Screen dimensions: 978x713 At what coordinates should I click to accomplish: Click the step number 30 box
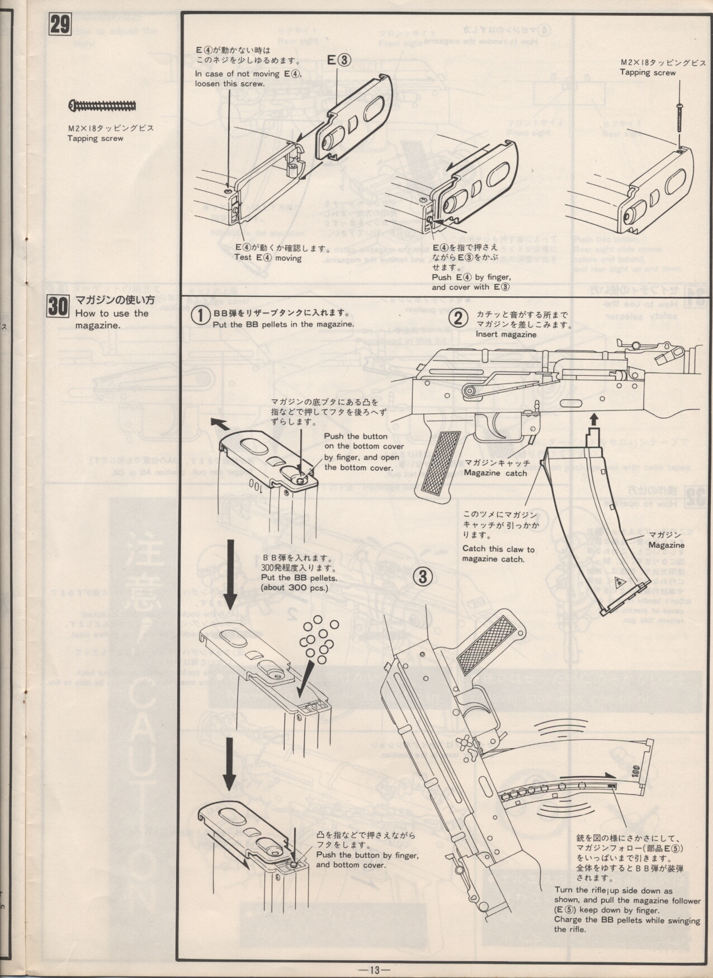[x=58, y=307]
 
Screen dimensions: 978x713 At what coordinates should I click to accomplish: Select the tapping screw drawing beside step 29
[x=103, y=105]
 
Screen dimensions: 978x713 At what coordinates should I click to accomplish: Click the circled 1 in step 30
[x=201, y=315]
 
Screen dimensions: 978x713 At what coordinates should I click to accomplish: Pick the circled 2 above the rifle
[x=459, y=318]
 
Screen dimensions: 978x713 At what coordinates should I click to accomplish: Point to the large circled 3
[x=423, y=577]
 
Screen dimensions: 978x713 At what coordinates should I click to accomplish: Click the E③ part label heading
[x=338, y=60]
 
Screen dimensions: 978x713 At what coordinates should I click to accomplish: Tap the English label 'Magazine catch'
[x=495, y=473]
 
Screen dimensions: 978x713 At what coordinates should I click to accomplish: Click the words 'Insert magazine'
[x=506, y=334]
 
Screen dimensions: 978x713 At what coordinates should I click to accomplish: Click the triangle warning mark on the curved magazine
[x=620, y=583]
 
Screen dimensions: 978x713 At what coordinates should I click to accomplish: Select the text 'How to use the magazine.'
[x=112, y=319]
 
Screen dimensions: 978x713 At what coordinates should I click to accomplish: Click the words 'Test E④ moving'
[x=268, y=258]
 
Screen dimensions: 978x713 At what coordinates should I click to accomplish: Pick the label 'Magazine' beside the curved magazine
[x=667, y=545]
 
